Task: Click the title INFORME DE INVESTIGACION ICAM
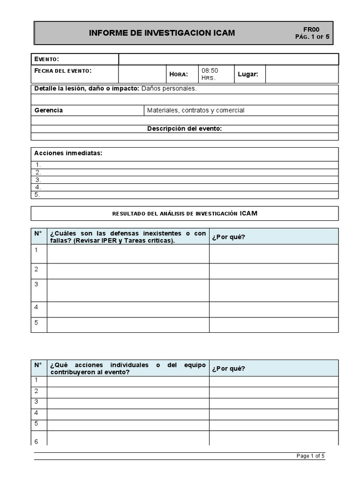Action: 162,33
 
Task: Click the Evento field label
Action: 46,59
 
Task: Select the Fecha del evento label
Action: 63,71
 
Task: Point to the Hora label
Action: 179,75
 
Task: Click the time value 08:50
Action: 210,71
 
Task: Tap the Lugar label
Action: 248,75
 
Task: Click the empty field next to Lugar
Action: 301,75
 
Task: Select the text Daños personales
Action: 169,89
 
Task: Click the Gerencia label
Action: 49,111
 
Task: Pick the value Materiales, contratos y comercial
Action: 195,111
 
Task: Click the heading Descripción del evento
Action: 184,129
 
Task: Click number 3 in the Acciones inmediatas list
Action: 38,180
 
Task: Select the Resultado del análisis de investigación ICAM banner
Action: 184,213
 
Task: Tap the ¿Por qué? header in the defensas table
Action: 228,237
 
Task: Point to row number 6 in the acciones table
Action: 37,442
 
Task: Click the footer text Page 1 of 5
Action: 310,456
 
